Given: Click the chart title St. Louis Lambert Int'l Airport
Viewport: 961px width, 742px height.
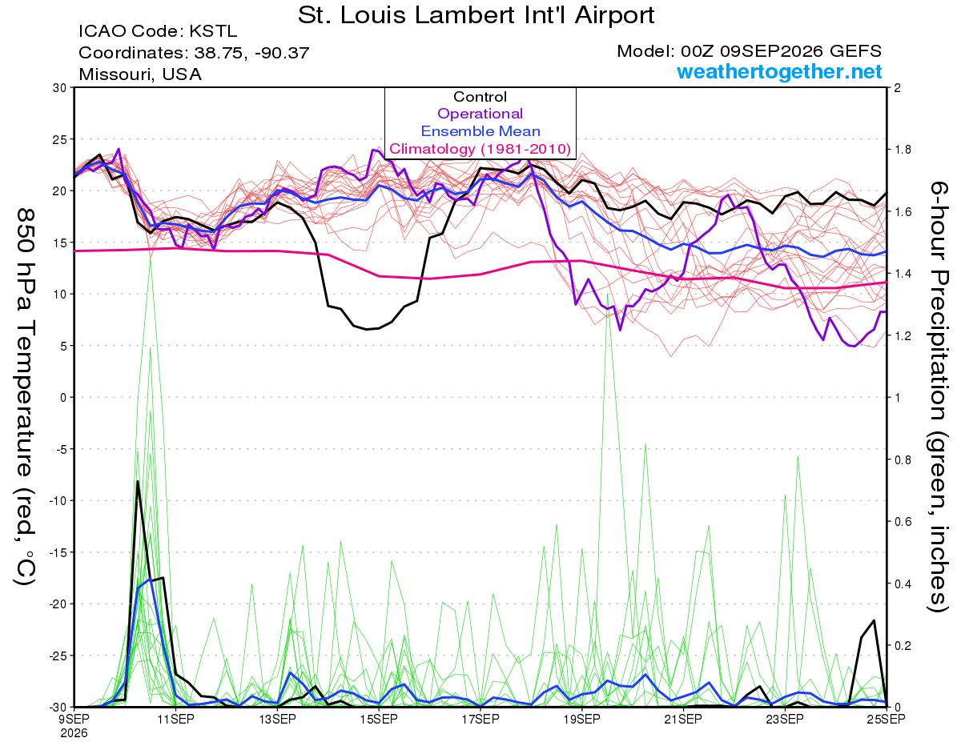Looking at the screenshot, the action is [x=476, y=15].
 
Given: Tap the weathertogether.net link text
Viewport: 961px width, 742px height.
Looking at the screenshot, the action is [x=779, y=71].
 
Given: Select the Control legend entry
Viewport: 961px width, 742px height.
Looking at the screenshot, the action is [x=480, y=97].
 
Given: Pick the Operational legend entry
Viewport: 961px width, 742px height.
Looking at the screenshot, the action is [x=480, y=114].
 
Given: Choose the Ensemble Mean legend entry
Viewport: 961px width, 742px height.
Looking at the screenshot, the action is [x=480, y=131].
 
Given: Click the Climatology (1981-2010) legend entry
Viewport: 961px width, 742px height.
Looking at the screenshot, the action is [x=480, y=149].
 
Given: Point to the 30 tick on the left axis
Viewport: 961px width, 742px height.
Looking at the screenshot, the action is [x=60, y=88].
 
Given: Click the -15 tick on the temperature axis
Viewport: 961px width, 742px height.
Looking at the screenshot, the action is [x=57, y=552].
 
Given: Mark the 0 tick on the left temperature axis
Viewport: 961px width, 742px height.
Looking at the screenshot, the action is [x=63, y=398].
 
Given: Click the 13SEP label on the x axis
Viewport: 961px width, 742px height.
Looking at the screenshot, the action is [x=277, y=720].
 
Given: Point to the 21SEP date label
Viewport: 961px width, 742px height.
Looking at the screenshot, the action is [x=683, y=720].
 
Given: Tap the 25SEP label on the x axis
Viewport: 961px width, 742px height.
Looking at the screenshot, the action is [x=886, y=720].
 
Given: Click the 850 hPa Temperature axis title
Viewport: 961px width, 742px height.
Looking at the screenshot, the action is [x=26, y=397].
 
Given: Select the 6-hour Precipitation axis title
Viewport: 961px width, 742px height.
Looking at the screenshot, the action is [x=939, y=396].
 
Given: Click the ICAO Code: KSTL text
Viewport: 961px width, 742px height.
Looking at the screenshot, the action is [x=158, y=31].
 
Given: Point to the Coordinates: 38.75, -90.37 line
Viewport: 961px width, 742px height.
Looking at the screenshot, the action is [x=194, y=53].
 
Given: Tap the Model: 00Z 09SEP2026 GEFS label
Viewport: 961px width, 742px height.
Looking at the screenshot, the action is [x=749, y=51].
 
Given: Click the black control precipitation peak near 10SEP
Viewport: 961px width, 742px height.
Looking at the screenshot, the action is [x=138, y=481].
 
